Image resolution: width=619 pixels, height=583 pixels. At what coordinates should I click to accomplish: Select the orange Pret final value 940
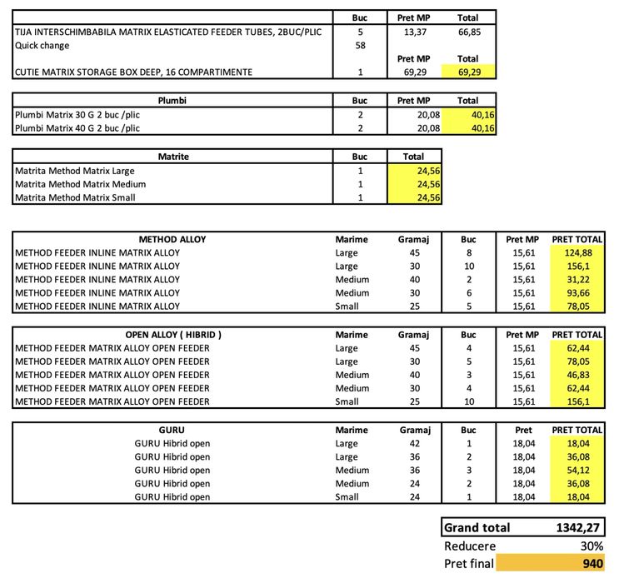pos(592,564)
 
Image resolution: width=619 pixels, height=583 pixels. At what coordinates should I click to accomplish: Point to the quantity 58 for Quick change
pos(360,46)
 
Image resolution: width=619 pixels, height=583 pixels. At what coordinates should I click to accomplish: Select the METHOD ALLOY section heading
pos(172,240)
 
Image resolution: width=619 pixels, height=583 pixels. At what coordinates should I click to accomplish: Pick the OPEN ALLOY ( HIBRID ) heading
pos(172,335)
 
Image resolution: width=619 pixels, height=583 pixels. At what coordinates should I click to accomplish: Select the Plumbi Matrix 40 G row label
pos(77,128)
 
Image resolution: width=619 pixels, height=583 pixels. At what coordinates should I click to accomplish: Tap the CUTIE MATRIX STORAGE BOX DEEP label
pos(133,72)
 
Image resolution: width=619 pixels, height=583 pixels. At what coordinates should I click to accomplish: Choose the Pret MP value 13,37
pos(414,32)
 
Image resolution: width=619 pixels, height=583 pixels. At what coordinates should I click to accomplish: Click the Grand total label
pos(477,528)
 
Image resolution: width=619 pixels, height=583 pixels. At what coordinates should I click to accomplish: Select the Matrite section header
pos(173,157)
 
